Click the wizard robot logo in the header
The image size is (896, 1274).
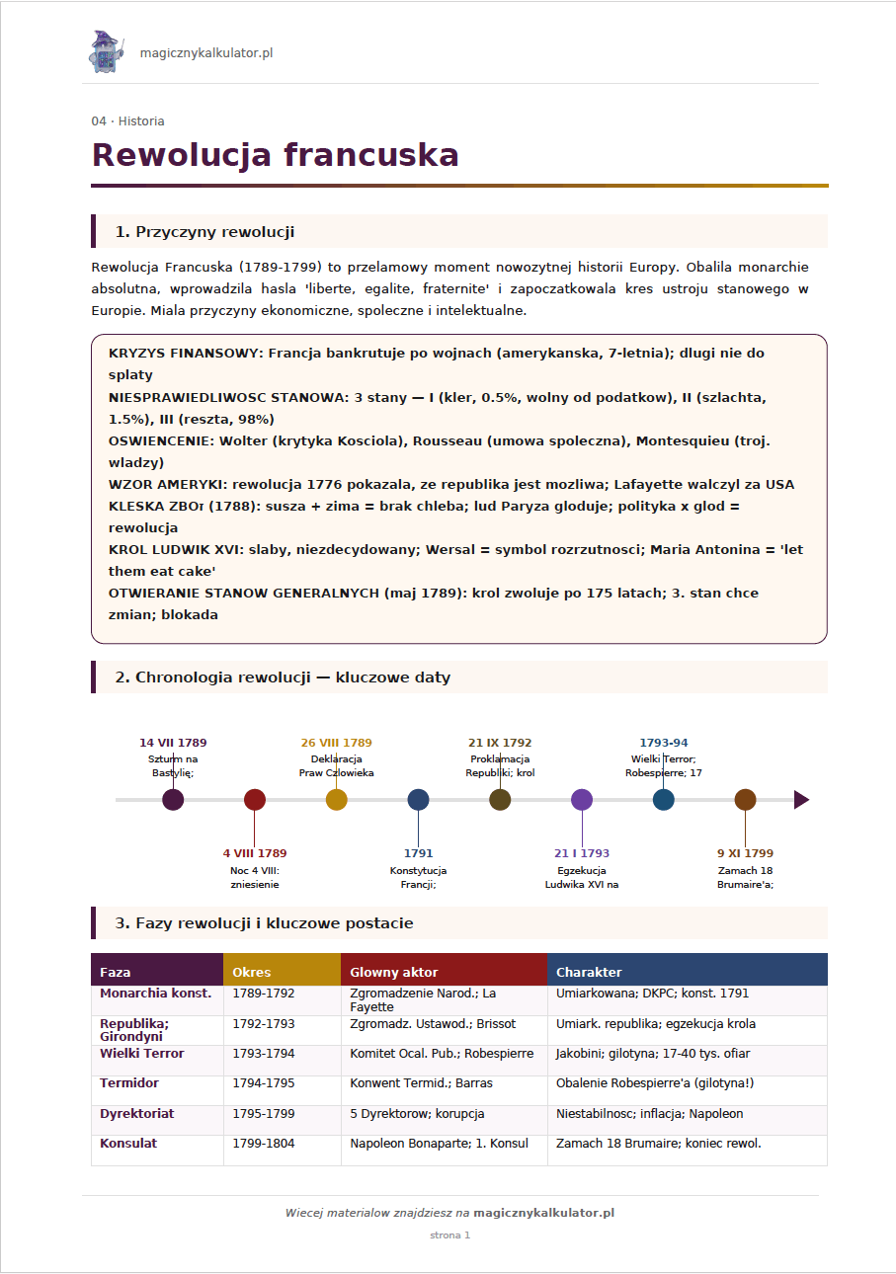pyautogui.click(x=103, y=52)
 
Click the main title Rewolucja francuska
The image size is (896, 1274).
pyautogui.click(x=275, y=155)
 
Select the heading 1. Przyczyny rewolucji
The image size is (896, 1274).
pyautogui.click(x=204, y=232)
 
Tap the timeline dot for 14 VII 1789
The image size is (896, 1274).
pyautogui.click(x=173, y=800)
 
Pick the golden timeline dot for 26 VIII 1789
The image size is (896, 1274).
pyautogui.click(x=337, y=800)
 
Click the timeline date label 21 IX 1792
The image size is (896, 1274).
pyautogui.click(x=500, y=743)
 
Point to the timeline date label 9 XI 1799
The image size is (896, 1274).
pyautogui.click(x=745, y=853)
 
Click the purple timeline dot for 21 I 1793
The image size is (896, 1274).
pyautogui.click(x=582, y=800)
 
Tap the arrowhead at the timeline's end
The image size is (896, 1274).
pyautogui.click(x=801, y=800)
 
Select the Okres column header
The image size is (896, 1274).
pyautogui.click(x=252, y=973)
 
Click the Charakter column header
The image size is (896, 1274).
pyautogui.click(x=589, y=973)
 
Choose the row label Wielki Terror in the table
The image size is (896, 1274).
pyautogui.click(x=142, y=1054)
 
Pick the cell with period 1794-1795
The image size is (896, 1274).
pyautogui.click(x=263, y=1083)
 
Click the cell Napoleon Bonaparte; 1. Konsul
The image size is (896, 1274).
pyautogui.click(x=439, y=1144)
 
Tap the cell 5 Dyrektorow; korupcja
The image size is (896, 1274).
pyautogui.click(x=417, y=1114)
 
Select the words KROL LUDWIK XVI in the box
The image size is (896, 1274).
pyautogui.click(x=177, y=549)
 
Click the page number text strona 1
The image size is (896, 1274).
pyautogui.click(x=449, y=1235)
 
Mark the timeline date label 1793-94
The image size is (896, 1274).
pyautogui.click(x=664, y=743)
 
